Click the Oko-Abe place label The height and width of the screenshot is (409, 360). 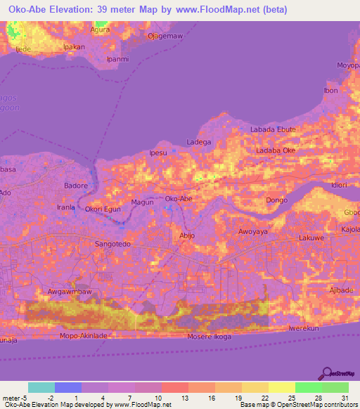(x=178, y=200)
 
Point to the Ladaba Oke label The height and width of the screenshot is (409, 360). (x=276, y=150)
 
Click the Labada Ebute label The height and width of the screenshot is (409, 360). (x=274, y=130)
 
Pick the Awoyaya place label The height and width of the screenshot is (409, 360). (x=253, y=231)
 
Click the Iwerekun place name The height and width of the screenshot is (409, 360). (x=304, y=328)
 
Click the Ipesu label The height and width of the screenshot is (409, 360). (x=159, y=152)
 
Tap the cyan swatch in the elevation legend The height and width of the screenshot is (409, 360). (x=41, y=387)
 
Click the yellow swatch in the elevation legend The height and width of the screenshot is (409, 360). (x=281, y=387)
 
